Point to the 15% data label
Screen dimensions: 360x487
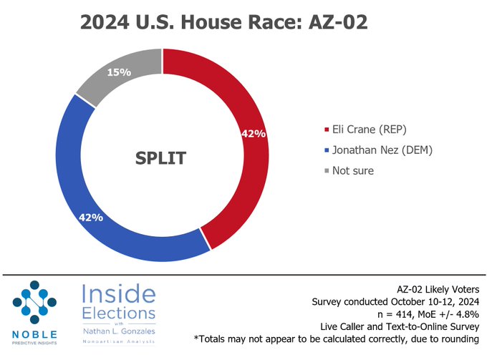(x=119, y=72)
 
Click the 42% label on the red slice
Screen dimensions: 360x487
(x=254, y=134)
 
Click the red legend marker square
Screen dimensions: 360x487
(x=327, y=130)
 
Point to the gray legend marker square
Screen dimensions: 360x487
(x=327, y=172)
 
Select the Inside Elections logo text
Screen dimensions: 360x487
(x=118, y=303)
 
